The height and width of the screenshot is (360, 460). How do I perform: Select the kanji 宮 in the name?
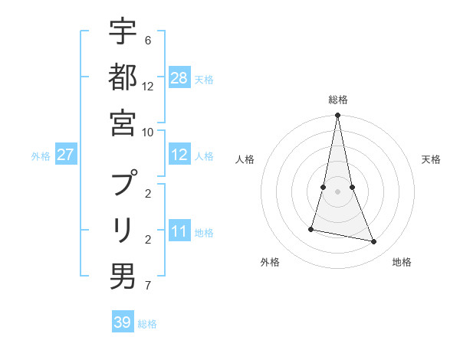pos(123,122)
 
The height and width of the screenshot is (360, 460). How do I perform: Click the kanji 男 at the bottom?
pos(123,274)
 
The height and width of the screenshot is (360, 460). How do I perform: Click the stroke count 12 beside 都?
pos(148,86)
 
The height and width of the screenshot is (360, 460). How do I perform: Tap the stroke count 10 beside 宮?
pos(148,131)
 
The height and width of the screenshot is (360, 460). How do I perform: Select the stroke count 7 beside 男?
pos(147,286)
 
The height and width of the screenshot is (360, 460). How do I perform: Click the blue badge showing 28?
pos(179,77)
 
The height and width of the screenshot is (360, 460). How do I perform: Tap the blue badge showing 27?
pos(65,155)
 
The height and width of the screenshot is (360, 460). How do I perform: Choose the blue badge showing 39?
pos(123,322)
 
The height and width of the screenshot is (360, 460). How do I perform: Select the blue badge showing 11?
pos(179,232)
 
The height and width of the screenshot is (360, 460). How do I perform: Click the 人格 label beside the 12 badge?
pos(204,156)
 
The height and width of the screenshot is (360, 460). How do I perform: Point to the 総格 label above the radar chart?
pos(338,100)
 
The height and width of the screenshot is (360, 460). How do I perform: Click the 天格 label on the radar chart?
pos(431,159)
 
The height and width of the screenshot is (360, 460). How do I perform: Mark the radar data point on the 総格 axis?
pos(338,116)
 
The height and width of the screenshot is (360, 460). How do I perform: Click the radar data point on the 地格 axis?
pos(374,242)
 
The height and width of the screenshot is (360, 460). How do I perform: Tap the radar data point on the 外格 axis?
pos(311,229)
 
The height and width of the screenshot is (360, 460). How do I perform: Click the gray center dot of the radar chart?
pos(338,191)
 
